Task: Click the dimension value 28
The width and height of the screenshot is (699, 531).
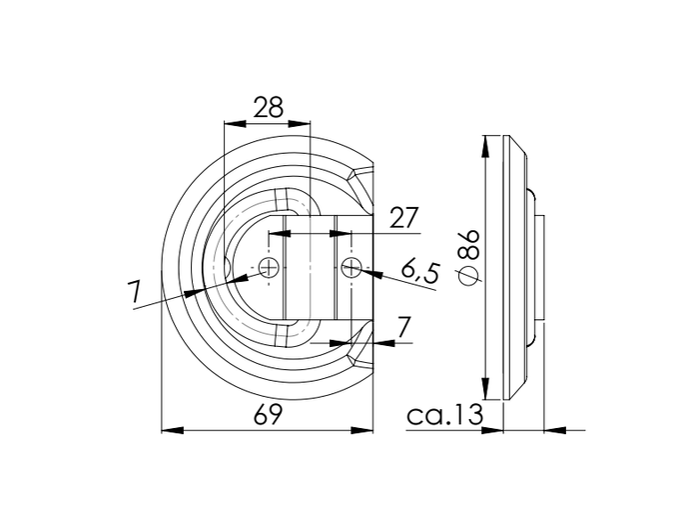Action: (x=267, y=108)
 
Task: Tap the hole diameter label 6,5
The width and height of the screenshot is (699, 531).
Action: (x=420, y=272)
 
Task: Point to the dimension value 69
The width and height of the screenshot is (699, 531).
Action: (x=267, y=414)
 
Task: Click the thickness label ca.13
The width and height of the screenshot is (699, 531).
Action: (x=444, y=414)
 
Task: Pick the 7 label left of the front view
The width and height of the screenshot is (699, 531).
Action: (x=134, y=294)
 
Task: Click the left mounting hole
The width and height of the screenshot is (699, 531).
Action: (x=268, y=267)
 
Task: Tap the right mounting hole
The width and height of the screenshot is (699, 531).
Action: (x=350, y=267)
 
